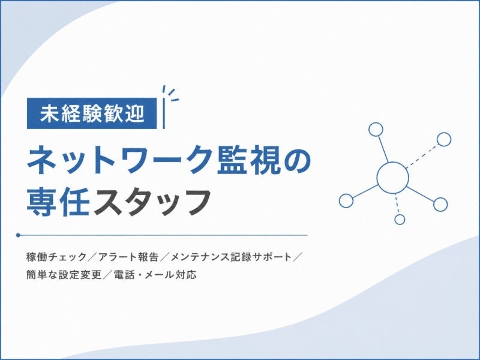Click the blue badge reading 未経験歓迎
(x=92, y=113)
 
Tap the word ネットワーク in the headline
(x=122, y=160)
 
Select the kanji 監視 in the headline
(x=248, y=160)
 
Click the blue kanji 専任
(x=58, y=202)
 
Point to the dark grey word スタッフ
(x=152, y=203)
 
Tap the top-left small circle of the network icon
(x=376, y=129)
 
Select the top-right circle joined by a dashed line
(x=443, y=139)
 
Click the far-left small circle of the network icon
(x=346, y=200)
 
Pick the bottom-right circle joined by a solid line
(x=440, y=204)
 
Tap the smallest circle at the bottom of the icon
(x=400, y=219)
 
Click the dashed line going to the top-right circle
(x=422, y=156)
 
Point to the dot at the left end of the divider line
(x=18, y=235)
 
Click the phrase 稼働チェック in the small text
(x=56, y=257)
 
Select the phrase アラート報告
(x=128, y=257)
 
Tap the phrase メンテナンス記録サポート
(x=230, y=257)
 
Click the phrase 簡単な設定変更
(x=64, y=275)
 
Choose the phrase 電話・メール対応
(x=155, y=275)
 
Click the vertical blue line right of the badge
(x=164, y=113)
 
